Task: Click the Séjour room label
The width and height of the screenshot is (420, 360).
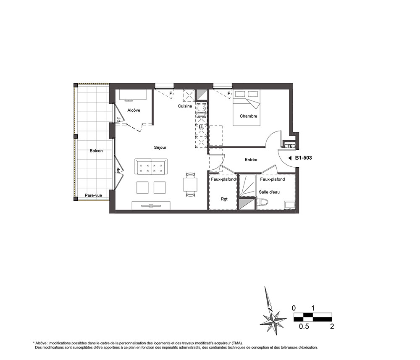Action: point(160,147)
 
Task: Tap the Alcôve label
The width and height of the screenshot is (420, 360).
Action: point(134,110)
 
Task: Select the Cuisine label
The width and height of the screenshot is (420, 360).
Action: point(185,106)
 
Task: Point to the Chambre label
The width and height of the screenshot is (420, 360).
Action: point(248,116)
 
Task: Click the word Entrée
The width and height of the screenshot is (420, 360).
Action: point(251,160)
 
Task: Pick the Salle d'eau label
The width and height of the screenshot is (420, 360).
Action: point(269,192)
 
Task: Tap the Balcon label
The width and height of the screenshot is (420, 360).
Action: point(96,151)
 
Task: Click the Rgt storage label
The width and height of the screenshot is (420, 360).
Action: point(224,199)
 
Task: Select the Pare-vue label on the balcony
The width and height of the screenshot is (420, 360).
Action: point(93,195)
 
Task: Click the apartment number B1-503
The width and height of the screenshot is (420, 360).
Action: point(304,158)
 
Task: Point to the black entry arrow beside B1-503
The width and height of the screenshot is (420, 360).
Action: point(290,158)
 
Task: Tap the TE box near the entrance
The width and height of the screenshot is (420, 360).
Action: point(289,146)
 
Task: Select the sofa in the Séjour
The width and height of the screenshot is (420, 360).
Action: point(151,167)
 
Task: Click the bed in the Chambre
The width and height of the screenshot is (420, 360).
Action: point(247,108)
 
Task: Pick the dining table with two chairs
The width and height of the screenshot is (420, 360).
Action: point(190,185)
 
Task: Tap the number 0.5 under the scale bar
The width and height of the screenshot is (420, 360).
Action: point(304,326)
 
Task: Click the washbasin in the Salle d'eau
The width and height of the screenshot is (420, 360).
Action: point(289,205)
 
